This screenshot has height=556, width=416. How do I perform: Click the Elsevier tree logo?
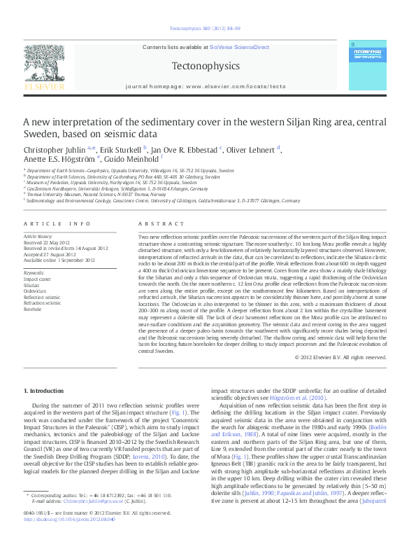pos(44,64)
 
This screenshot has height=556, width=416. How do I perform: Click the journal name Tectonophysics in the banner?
pos(205,66)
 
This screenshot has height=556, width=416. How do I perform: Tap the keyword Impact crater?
pos(37,279)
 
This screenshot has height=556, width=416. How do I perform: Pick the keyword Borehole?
pos(34,308)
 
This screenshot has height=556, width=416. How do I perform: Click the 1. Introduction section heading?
pos(44,390)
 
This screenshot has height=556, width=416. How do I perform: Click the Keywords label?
pos(34,272)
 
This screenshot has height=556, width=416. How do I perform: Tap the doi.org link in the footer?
pos(68,539)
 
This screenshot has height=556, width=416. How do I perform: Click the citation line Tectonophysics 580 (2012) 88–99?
pos(206,29)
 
